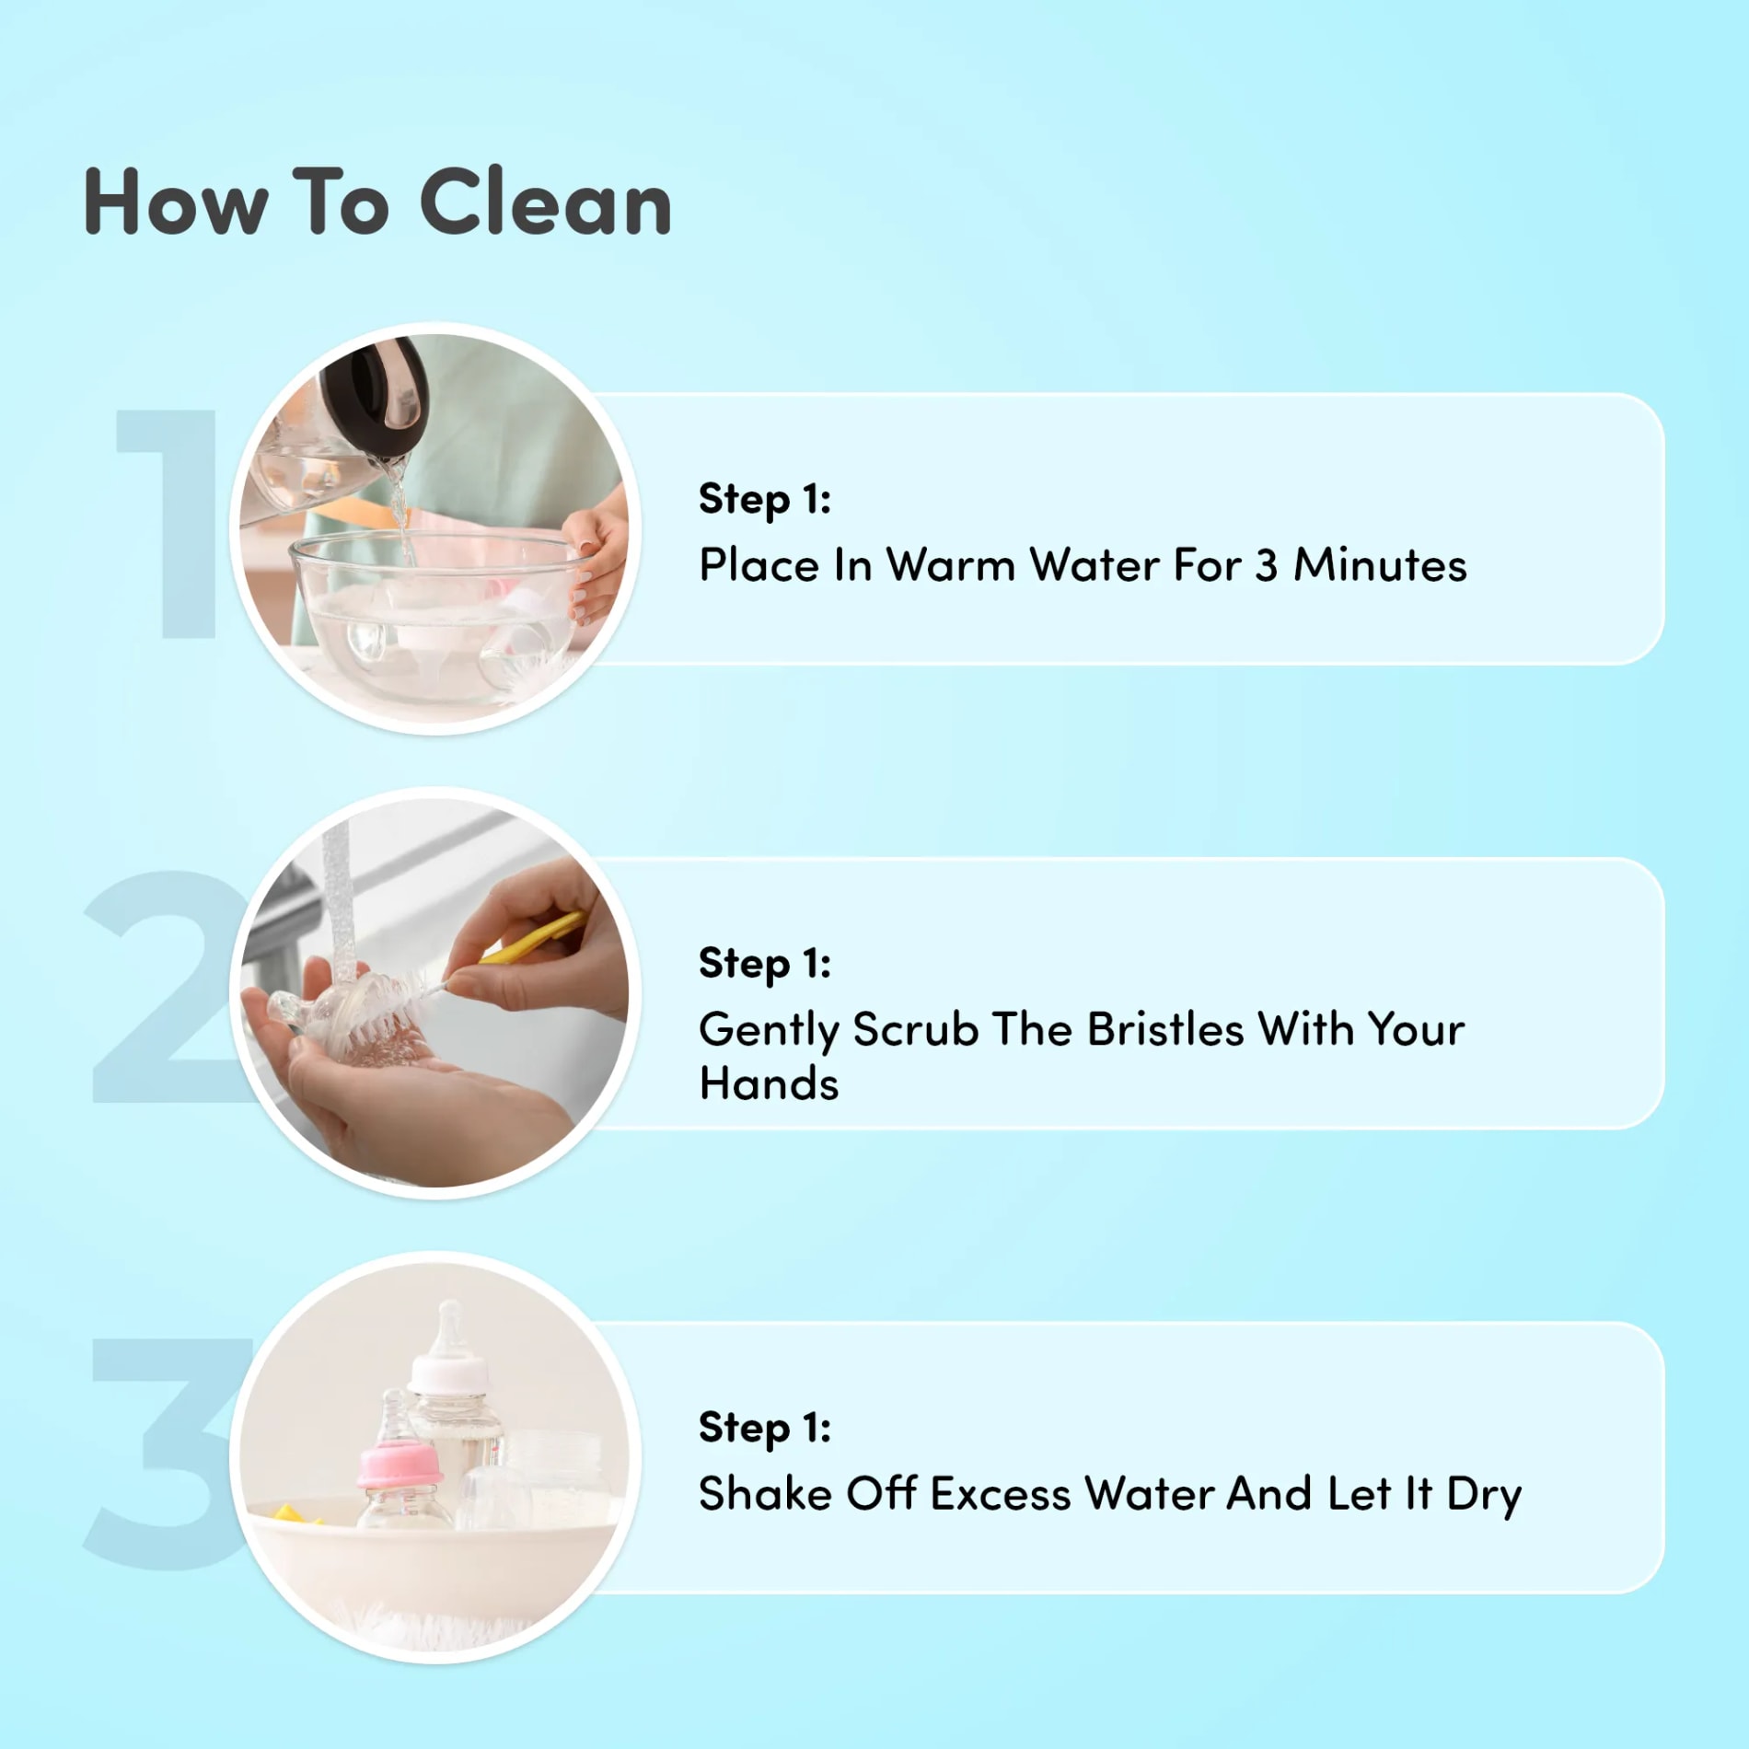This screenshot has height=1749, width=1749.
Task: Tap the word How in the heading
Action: tap(176, 203)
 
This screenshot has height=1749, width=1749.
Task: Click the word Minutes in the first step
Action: tap(1379, 564)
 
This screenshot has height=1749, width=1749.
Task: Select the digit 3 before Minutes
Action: tap(1267, 565)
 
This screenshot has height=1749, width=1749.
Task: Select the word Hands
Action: tap(769, 1083)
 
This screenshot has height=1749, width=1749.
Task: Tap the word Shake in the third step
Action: tap(765, 1493)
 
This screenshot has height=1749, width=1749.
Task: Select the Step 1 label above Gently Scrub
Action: tap(765, 964)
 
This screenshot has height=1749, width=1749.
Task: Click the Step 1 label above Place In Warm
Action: tap(765, 500)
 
